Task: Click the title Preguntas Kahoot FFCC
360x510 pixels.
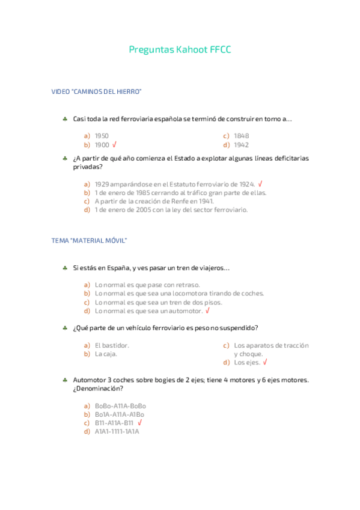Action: pos(180,50)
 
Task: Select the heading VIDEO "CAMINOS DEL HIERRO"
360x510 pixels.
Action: pos(96,91)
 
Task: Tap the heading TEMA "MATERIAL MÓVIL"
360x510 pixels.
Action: pos(90,241)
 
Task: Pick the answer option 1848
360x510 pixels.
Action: pos(241,136)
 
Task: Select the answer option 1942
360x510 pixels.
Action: pos(241,145)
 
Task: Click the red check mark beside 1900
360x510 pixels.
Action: pos(114,145)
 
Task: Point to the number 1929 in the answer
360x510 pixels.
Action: pos(102,184)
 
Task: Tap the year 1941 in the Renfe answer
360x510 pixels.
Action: pos(206,201)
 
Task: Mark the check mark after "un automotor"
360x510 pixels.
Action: pos(207,311)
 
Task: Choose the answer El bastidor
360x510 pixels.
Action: pos(112,345)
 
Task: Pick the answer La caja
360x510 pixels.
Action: pos(106,354)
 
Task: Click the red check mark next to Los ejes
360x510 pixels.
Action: pos(265,363)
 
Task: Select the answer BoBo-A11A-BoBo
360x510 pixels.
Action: pos(120,406)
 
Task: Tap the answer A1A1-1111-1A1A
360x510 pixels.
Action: pos(117,431)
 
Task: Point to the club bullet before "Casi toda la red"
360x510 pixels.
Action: pos(64,119)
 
